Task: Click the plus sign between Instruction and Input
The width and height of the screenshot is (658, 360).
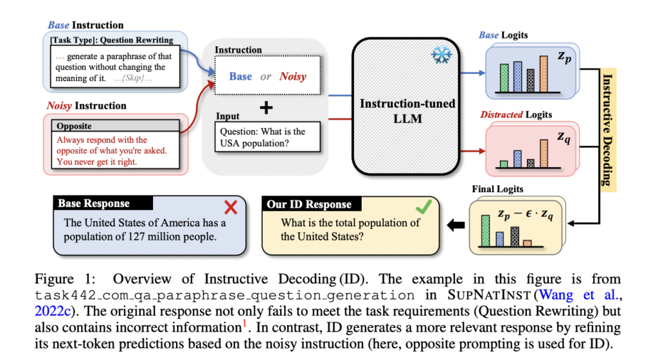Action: [265, 107]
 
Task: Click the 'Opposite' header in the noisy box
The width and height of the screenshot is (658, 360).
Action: [75, 126]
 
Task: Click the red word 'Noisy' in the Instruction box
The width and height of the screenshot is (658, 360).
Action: [292, 76]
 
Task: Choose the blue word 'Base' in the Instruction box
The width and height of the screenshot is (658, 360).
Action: [240, 76]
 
